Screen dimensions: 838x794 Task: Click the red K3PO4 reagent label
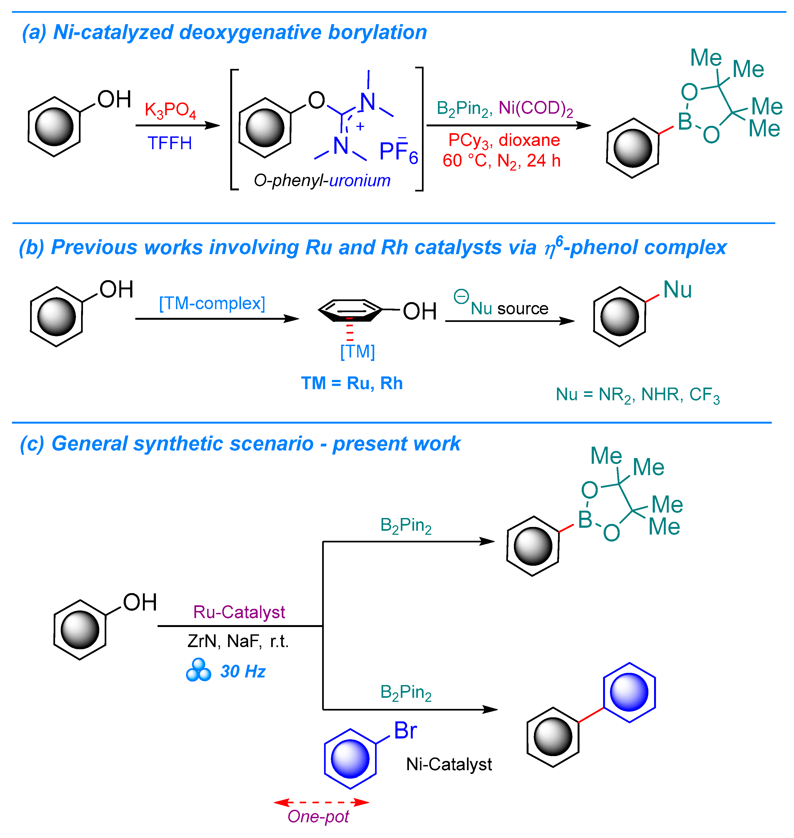(x=170, y=110)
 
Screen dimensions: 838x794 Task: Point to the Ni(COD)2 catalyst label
(x=535, y=109)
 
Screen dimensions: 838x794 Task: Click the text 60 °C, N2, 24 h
(x=502, y=161)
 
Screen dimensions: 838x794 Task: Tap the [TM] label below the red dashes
(x=358, y=351)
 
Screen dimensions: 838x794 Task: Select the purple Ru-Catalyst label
(x=239, y=612)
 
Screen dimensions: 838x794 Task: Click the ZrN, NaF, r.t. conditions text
(x=238, y=641)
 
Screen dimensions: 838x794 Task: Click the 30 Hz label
(x=243, y=672)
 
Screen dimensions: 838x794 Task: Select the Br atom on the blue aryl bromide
(x=405, y=731)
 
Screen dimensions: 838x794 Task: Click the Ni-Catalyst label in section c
(x=449, y=764)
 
